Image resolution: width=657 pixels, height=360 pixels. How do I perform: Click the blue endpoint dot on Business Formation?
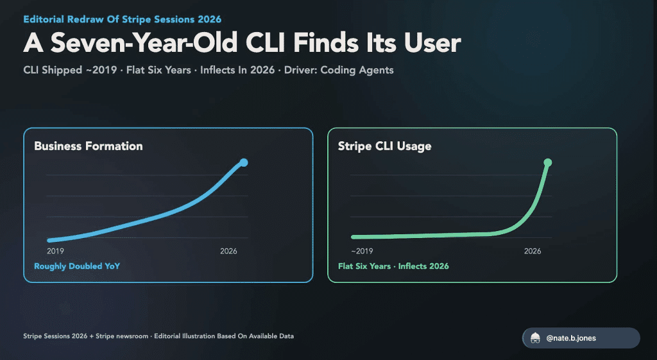pyautogui.click(x=244, y=162)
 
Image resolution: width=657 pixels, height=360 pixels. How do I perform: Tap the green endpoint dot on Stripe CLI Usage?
pyautogui.click(x=548, y=162)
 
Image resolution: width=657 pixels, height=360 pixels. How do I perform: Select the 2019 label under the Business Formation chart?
pyautogui.click(x=55, y=251)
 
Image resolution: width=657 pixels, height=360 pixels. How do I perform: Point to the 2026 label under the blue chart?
pyautogui.click(x=229, y=251)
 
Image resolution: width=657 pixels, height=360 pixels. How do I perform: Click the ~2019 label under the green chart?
pyautogui.click(x=362, y=251)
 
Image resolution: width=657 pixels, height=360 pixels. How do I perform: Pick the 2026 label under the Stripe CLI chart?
pyautogui.click(x=533, y=251)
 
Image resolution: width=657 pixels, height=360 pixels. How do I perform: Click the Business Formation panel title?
pyautogui.click(x=89, y=146)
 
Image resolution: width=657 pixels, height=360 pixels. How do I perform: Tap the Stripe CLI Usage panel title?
pyautogui.click(x=385, y=146)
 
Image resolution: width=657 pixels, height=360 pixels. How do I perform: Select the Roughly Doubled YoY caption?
pyautogui.click(x=77, y=266)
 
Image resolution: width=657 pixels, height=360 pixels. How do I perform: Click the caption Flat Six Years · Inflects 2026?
pyautogui.click(x=393, y=266)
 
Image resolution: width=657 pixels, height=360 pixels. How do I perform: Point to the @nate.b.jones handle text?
pyautogui.click(x=571, y=338)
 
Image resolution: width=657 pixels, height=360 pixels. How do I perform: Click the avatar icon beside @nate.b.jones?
pyautogui.click(x=535, y=338)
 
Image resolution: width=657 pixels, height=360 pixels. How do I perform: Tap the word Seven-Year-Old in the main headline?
pyautogui.click(x=144, y=43)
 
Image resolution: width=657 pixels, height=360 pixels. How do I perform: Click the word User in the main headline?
pyautogui.click(x=432, y=43)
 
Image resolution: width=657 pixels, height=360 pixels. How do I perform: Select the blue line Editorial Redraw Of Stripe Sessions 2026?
pyautogui.click(x=123, y=19)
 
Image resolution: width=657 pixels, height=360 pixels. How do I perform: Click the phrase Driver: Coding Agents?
pyautogui.click(x=339, y=70)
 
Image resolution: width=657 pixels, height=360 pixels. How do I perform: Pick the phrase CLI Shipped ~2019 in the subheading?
pyautogui.click(x=70, y=70)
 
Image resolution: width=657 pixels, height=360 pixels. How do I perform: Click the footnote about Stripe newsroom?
pyautogui.click(x=158, y=336)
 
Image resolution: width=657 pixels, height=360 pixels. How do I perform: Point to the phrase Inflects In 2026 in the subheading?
pyautogui.click(x=237, y=70)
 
